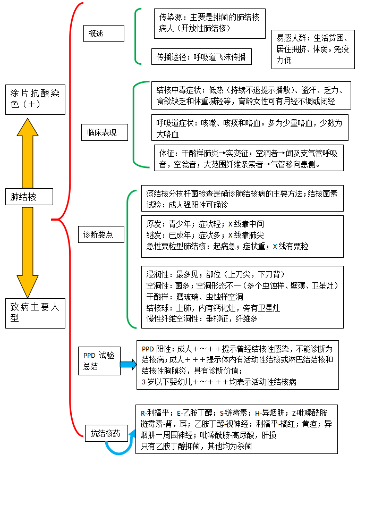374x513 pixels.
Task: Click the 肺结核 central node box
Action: coord(29,197)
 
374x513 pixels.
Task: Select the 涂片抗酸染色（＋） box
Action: coord(35,99)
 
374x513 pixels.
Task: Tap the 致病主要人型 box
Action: coord(35,313)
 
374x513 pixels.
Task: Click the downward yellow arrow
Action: coord(28,250)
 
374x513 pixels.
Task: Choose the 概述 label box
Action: coord(104,33)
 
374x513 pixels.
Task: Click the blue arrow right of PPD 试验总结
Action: coord(128,365)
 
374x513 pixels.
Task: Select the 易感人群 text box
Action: coord(313,49)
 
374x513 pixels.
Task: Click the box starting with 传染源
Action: coord(210,23)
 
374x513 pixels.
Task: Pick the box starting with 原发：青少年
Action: coord(242,235)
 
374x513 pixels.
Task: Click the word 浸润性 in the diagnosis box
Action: coord(158,274)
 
